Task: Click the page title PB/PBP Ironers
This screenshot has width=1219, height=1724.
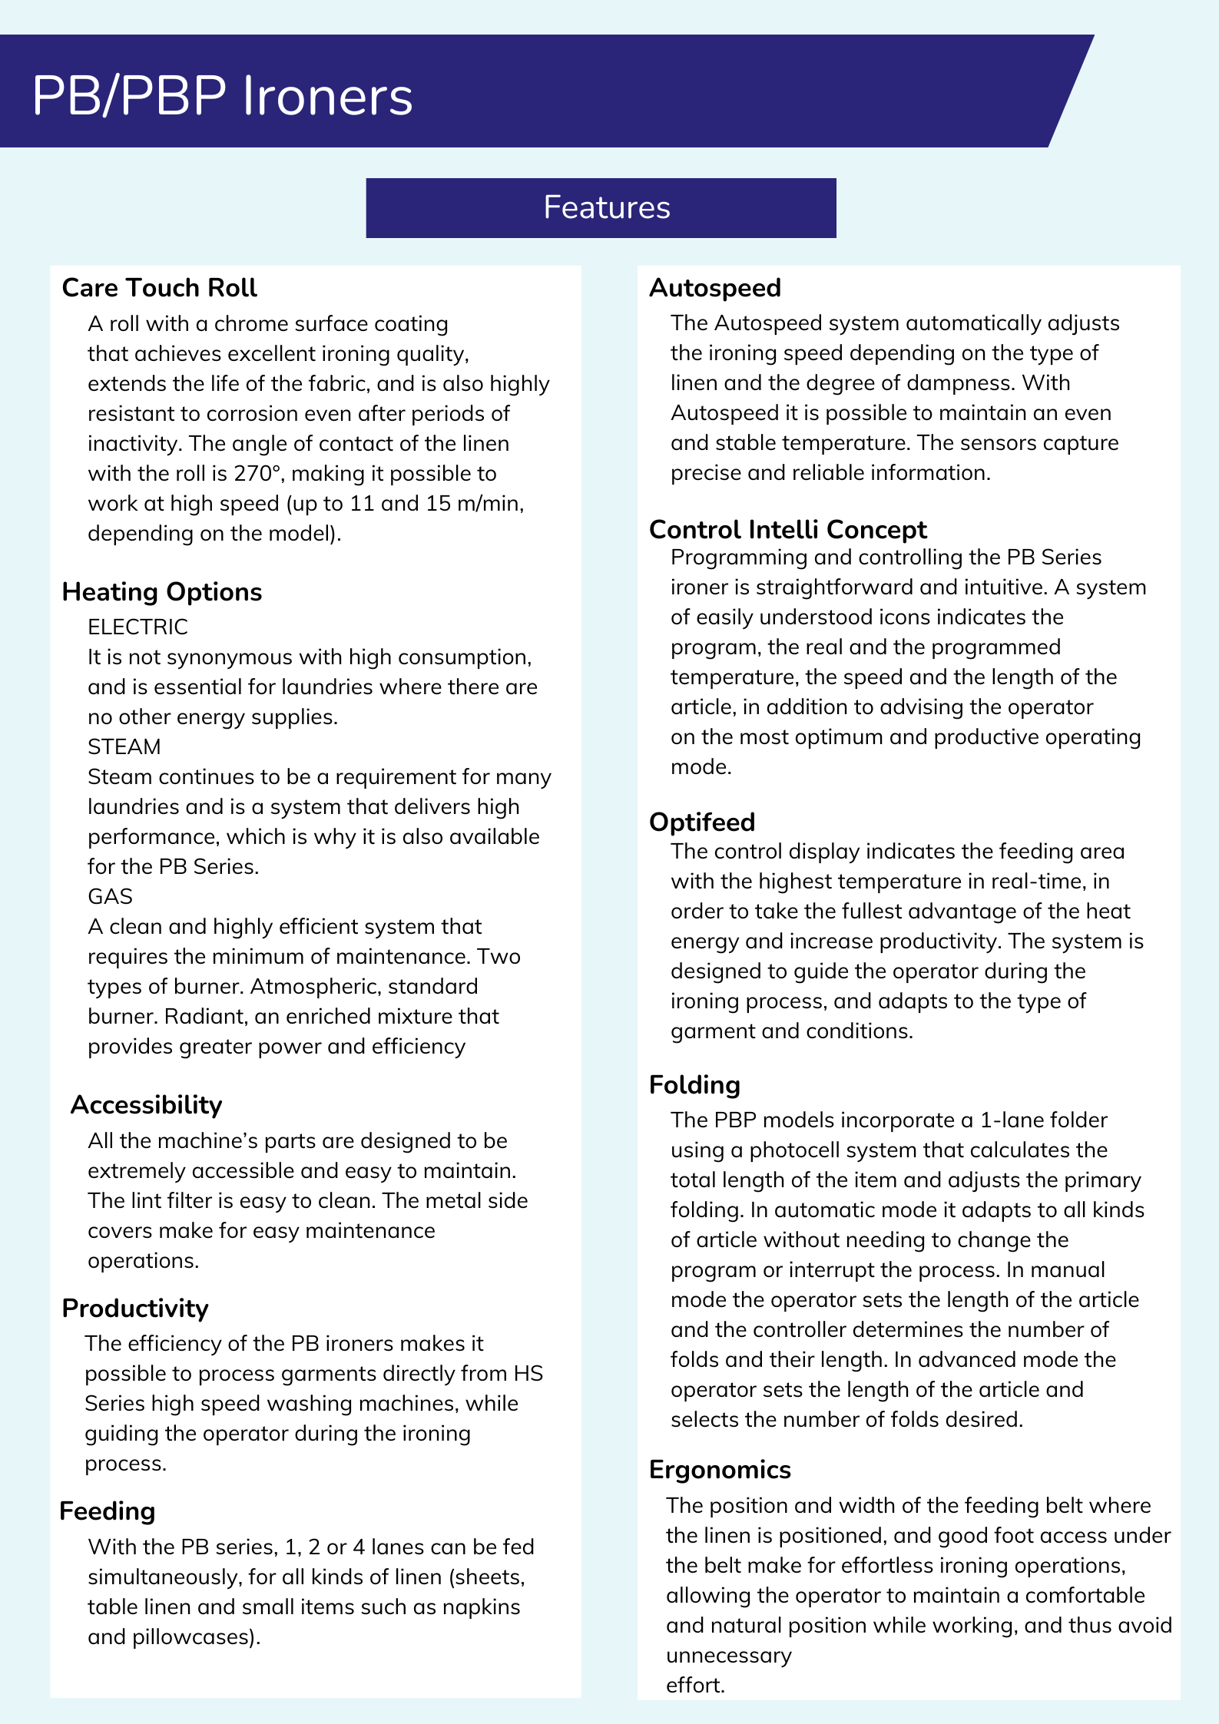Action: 222,96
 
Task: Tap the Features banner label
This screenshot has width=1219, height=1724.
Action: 607,207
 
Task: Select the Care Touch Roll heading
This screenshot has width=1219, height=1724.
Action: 159,287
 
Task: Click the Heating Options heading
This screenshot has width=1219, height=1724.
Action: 161,591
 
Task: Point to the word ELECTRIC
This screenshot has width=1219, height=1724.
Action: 137,627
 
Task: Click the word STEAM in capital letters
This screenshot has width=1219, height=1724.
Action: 124,746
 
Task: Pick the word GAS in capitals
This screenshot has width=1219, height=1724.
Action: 110,896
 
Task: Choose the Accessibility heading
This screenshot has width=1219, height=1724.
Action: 146,1104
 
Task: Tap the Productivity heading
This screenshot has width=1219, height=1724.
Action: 135,1308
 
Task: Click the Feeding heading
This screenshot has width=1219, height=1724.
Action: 107,1511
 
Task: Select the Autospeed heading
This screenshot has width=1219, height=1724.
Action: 714,287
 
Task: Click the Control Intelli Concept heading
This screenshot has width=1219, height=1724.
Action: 787,529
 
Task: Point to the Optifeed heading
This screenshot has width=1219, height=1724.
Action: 701,822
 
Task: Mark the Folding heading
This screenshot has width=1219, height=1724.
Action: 694,1084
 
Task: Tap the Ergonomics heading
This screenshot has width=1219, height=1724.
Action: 720,1469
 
